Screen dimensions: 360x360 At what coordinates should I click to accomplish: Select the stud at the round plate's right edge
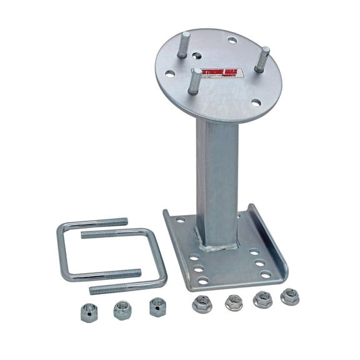(x=262, y=59)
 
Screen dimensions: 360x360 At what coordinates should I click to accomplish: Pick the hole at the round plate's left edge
(x=169, y=74)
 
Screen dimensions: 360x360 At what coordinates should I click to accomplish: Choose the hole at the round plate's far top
(x=232, y=41)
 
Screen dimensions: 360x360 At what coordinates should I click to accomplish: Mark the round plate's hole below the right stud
(x=256, y=102)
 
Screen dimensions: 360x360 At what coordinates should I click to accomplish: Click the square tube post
(x=216, y=175)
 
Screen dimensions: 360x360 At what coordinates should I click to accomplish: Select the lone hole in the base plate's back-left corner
(x=180, y=220)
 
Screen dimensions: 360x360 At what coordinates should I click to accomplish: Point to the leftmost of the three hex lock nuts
(x=88, y=312)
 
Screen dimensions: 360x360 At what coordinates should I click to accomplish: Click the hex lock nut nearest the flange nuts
(x=156, y=306)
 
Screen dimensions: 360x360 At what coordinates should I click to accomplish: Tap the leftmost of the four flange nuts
(x=202, y=304)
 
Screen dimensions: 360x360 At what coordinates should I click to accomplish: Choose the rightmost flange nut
(x=289, y=296)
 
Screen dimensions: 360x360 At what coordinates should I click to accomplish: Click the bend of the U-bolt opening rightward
(x=61, y=250)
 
